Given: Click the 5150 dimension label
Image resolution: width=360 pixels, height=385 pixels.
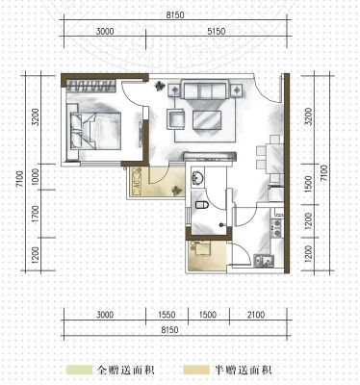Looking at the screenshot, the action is click(x=216, y=32).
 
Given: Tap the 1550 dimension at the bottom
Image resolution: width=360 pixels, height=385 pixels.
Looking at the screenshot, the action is click(x=167, y=315).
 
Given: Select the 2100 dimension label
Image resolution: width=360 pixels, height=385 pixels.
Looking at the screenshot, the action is click(x=256, y=315).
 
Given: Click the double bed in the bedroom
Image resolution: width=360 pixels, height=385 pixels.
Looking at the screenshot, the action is click(x=95, y=131).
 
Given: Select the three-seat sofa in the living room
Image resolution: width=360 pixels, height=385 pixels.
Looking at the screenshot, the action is click(x=205, y=89).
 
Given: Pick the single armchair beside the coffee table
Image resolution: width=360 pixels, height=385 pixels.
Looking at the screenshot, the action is click(x=175, y=119).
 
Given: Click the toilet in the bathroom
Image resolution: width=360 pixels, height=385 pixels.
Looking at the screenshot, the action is click(x=202, y=204).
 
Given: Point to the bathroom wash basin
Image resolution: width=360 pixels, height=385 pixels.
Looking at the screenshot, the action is click(x=196, y=178).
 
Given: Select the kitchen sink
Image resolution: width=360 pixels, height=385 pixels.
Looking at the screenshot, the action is click(x=264, y=261).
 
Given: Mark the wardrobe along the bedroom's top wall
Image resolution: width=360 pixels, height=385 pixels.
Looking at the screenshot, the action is click(x=91, y=86).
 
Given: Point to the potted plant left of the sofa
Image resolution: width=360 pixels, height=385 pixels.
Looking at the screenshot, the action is click(x=160, y=86).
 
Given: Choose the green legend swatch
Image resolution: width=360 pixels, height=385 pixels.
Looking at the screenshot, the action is click(x=79, y=370).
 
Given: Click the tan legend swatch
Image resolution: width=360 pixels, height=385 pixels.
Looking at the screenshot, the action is click(x=196, y=370).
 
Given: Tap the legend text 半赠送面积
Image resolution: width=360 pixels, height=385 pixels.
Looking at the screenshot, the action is click(x=244, y=370).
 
